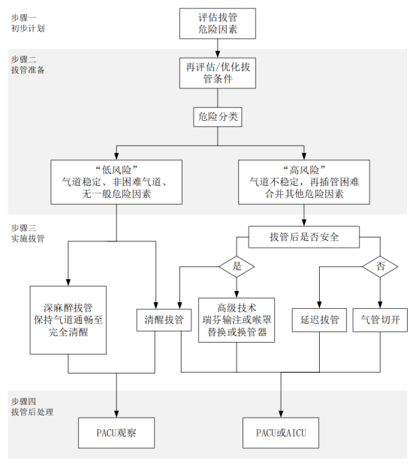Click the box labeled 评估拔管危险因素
[217, 23]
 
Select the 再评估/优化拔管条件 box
[217, 73]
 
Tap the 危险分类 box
[218, 117]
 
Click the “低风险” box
[116, 182]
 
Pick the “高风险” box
[304, 182]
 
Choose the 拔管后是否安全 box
[304, 237]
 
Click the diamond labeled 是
[237, 266]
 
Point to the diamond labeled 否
[380, 266]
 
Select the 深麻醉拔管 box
[68, 320]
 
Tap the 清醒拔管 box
[164, 320]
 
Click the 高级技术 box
[237, 320]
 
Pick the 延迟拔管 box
[319, 320]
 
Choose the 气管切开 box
[380, 320]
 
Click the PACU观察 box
[116, 433]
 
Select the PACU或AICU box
[281, 433]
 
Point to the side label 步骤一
[23, 18]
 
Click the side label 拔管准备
[28, 70]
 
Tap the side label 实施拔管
[28, 238]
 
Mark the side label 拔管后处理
[32, 412]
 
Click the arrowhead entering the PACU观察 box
[116, 414]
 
